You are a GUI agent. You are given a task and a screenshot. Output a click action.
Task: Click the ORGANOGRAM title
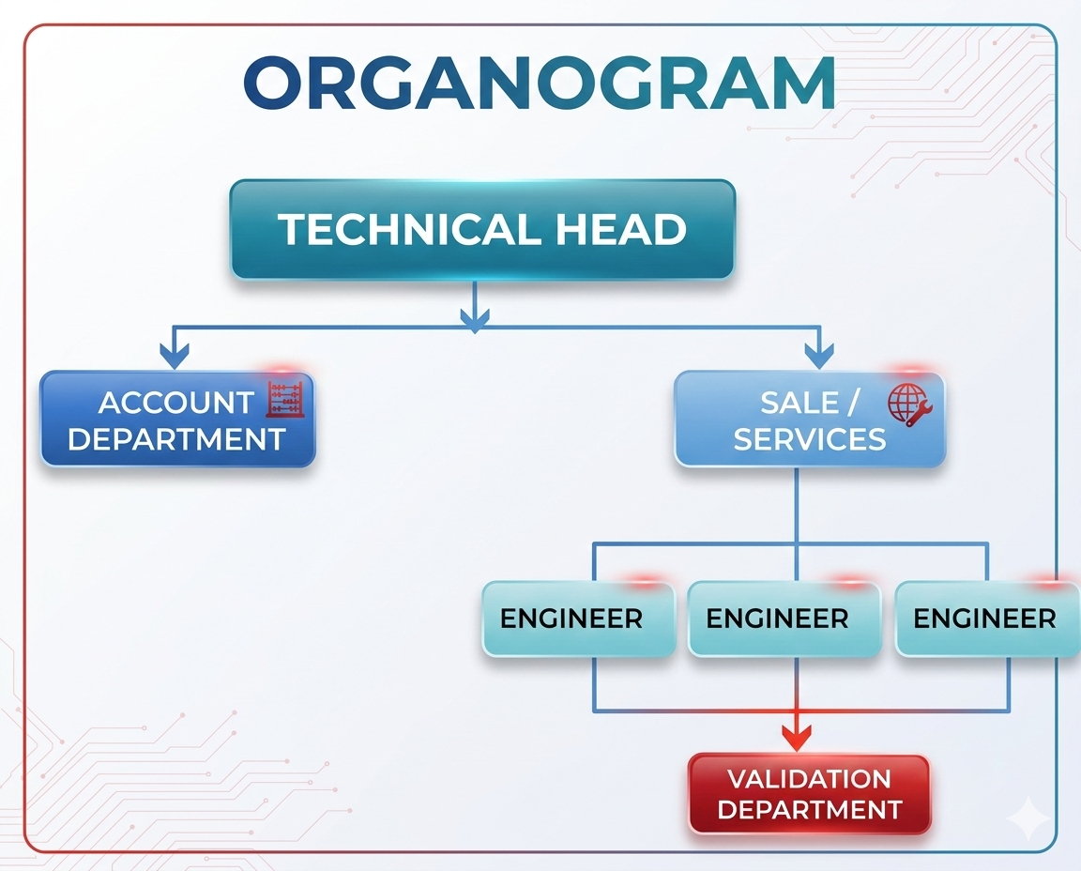coord(540,84)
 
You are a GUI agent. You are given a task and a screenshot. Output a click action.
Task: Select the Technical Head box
coord(482,230)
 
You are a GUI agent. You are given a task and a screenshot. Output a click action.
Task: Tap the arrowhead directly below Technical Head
coord(474,321)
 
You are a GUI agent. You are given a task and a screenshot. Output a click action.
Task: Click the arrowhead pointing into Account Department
coord(175,356)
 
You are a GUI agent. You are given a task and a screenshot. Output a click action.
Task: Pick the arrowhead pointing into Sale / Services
coord(819,356)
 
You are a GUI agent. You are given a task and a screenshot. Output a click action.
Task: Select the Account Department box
coord(178,420)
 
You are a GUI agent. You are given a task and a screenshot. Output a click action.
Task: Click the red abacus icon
coord(285,400)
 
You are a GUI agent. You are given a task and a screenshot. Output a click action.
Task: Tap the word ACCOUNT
coord(175,403)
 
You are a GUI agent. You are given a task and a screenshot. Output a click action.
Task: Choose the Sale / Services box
coord(809,420)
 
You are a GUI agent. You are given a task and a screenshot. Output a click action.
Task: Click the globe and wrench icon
coord(908,405)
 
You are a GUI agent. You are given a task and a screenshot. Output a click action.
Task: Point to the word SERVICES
coord(809,438)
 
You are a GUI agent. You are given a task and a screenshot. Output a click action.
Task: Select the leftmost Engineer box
coord(578,619)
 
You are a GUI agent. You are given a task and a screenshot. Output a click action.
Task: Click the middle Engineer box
coord(784,619)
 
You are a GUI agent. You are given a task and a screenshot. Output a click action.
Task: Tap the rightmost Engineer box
coord(987,619)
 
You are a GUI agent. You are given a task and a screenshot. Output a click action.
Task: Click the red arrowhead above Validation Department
coord(797,738)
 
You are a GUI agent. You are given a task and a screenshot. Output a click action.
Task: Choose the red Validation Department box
coord(809,794)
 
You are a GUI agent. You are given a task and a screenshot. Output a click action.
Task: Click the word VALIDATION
coord(809,779)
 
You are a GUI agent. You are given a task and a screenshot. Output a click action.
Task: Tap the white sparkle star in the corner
coord(1028,818)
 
